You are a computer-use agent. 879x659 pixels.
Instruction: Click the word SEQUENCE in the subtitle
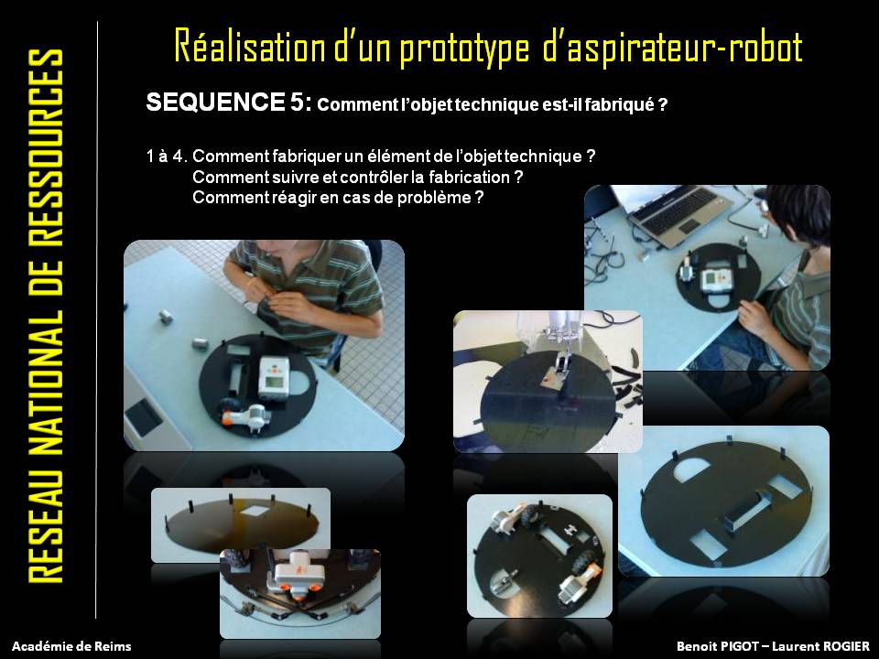click(215, 102)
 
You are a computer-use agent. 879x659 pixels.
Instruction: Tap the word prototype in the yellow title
click(464, 48)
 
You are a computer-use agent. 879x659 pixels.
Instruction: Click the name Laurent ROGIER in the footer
click(820, 646)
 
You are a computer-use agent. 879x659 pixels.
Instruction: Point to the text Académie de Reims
click(71, 646)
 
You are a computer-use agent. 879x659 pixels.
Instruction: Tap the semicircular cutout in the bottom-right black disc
click(698, 470)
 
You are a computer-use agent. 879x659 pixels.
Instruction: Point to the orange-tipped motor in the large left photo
click(245, 416)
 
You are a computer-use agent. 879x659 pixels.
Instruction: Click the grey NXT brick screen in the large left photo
click(273, 383)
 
